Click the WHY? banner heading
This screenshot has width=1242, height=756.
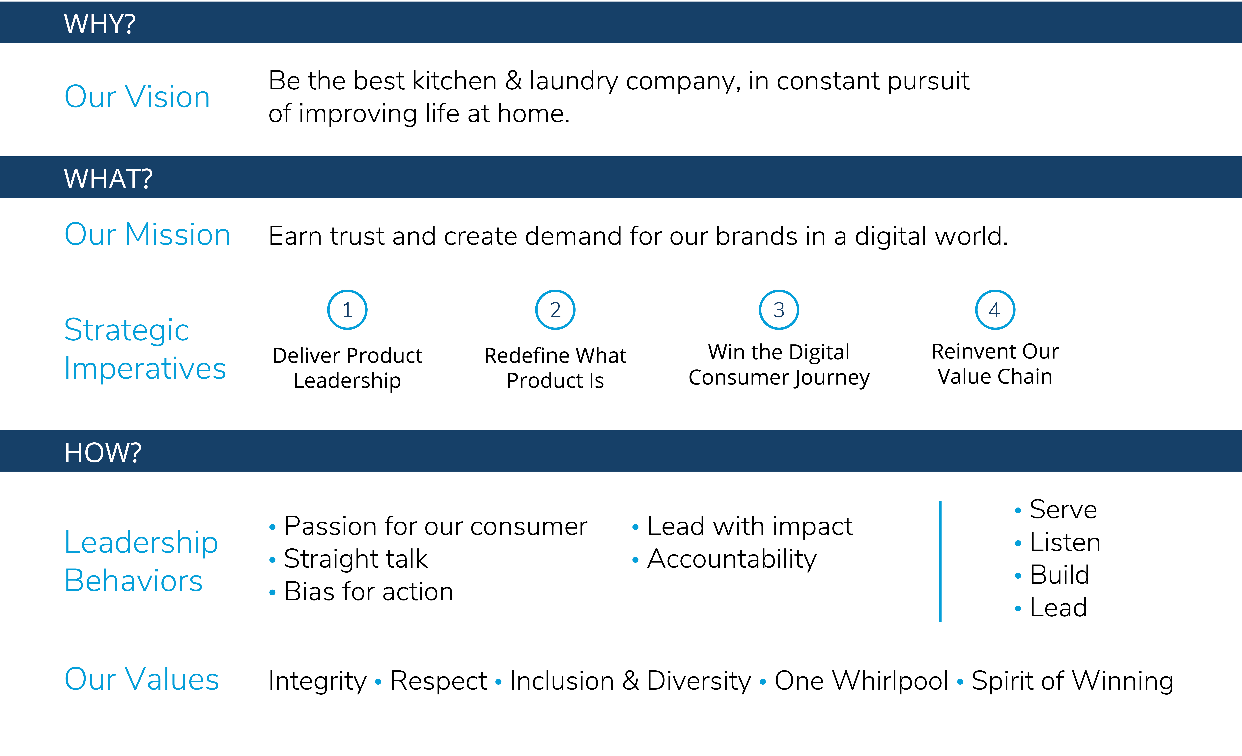tap(99, 24)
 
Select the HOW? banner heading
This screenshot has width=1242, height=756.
tap(103, 453)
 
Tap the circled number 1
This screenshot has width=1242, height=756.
tap(347, 310)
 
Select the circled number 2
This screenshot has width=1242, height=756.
tap(555, 310)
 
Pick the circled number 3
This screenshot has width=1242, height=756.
tap(779, 310)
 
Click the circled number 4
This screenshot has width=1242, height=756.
tap(995, 310)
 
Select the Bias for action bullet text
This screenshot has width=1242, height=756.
tap(368, 592)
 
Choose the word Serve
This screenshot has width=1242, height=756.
tap(1063, 509)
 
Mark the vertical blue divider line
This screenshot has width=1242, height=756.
tap(940, 562)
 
